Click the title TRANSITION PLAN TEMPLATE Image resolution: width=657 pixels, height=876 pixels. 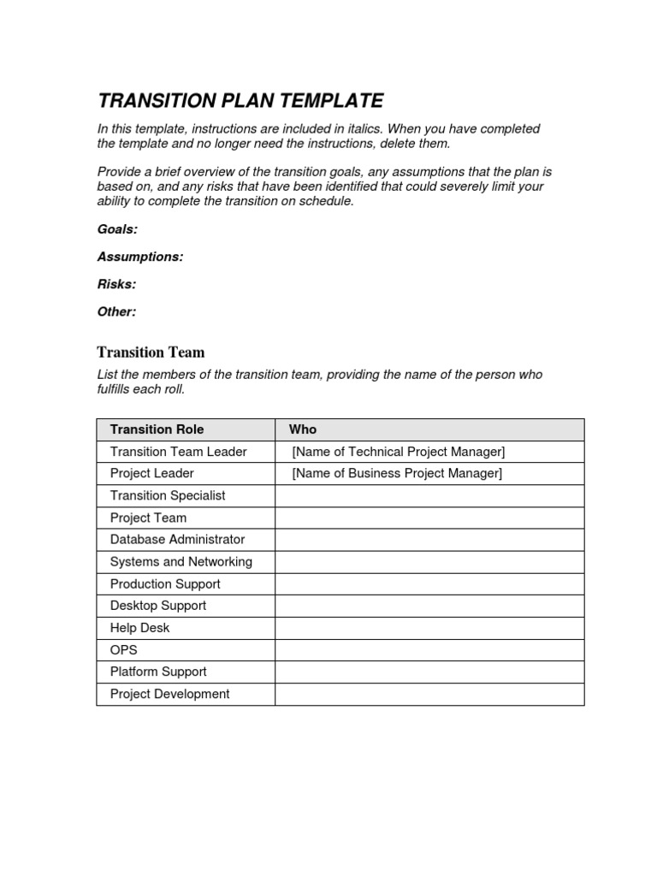coord(240,100)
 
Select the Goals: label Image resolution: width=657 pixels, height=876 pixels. coord(117,229)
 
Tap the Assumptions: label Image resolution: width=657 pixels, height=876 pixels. coord(140,257)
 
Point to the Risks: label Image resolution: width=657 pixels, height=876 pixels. coord(116,284)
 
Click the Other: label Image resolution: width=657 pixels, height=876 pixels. coord(116,311)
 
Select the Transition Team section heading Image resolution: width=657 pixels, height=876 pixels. coord(151,352)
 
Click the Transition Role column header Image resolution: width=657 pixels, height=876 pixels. coord(157,429)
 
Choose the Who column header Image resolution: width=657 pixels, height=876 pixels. coord(303,429)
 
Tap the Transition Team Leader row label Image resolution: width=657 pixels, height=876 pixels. coord(179,452)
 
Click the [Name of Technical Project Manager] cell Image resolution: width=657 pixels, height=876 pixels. coord(398,452)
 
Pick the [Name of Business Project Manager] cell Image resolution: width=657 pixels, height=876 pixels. coord(397,473)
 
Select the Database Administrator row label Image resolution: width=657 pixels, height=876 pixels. coord(177,540)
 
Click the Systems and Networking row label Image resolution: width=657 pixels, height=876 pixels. coord(181,562)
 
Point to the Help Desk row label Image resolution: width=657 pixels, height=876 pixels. coord(140,628)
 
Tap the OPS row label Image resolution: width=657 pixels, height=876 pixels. coord(124,650)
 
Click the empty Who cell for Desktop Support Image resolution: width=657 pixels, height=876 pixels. coord(429,606)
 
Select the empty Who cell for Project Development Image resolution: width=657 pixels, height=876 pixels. coord(429,694)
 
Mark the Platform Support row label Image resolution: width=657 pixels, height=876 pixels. coord(158,672)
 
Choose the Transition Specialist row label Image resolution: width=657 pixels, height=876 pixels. coord(169,495)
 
